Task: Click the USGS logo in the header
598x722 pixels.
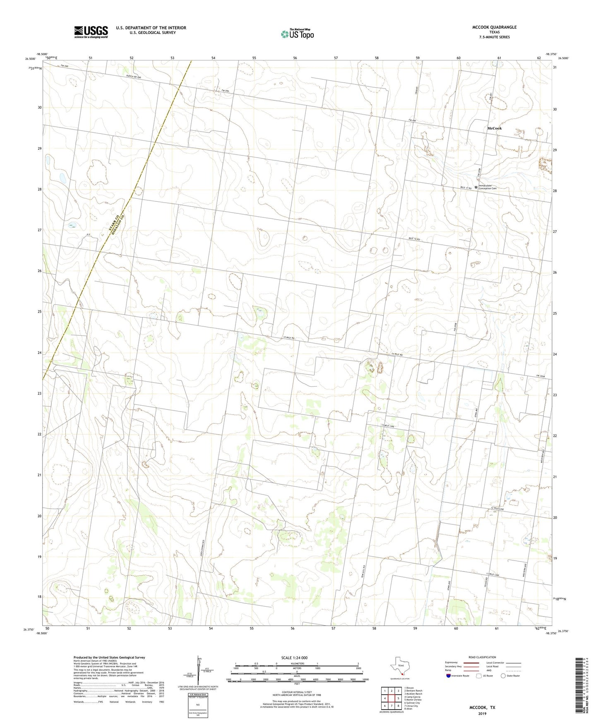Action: (x=91, y=32)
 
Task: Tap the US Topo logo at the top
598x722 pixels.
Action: (x=297, y=34)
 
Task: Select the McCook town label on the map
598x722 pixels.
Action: (x=494, y=128)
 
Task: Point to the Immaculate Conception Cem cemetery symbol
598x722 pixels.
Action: (x=476, y=187)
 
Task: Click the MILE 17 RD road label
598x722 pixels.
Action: (x=466, y=188)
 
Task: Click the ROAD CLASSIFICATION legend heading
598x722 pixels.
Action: (x=482, y=657)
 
